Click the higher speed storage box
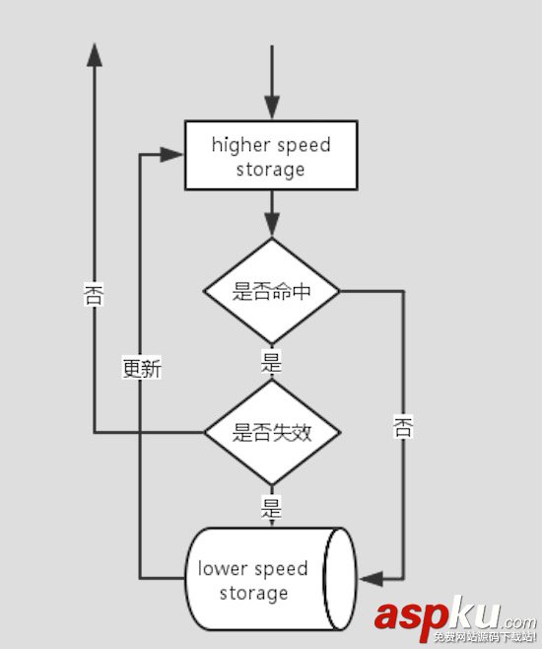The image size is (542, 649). [x=271, y=156]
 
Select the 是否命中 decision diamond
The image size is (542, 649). [x=271, y=291]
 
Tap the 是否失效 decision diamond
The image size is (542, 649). [x=271, y=432]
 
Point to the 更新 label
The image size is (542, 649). [x=141, y=369]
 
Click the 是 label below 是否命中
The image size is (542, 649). [x=271, y=362]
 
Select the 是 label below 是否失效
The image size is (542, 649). [x=271, y=508]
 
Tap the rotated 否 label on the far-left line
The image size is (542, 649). [x=95, y=296]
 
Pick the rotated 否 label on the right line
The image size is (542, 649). [x=403, y=426]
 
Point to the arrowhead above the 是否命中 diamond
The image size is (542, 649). [x=271, y=225]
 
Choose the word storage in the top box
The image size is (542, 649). [x=271, y=169]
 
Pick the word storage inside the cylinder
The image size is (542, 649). [x=253, y=593]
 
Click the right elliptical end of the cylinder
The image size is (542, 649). [x=341, y=579]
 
